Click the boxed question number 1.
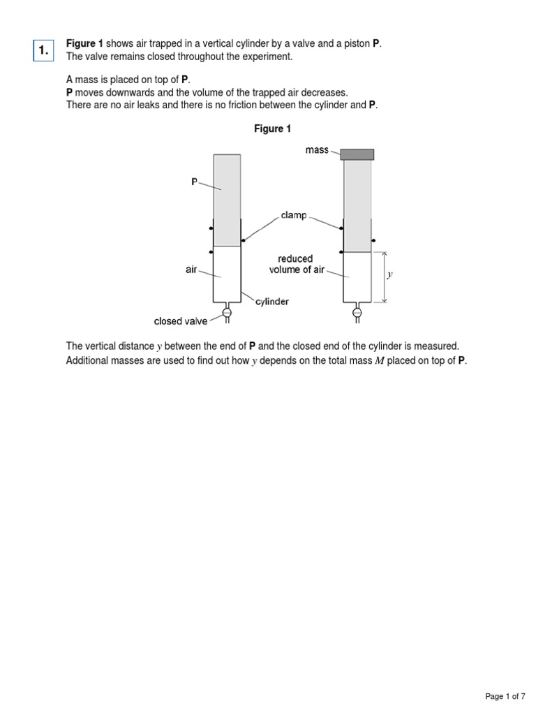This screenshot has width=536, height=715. pos(44,50)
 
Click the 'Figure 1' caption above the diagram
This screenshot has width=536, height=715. pos(272,129)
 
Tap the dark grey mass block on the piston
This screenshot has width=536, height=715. pos(357,154)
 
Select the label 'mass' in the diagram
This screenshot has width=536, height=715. pos(317,150)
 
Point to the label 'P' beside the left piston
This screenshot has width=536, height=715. pos(195,182)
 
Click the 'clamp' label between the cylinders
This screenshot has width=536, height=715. pos(294,216)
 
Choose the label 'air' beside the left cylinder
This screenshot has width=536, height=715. pos(191,270)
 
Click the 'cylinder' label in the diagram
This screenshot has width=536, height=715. pos(272,302)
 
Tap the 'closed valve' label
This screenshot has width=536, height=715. pos(181,322)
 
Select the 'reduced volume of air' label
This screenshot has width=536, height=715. pos(296,264)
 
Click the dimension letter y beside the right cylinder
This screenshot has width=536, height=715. pos(391,274)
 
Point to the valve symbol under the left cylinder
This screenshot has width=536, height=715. pos(227,313)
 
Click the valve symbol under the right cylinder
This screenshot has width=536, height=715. pos(357,313)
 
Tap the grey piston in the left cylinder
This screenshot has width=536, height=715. pos(227,200)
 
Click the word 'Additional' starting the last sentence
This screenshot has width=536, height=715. pos(87,360)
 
